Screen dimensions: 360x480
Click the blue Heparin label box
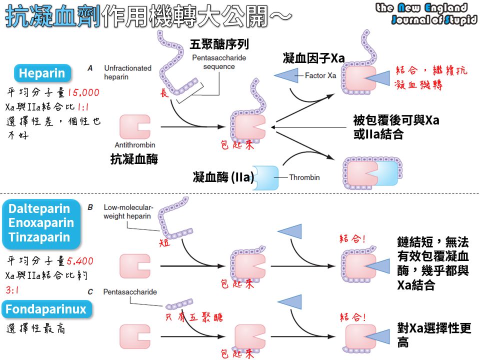click(42, 74)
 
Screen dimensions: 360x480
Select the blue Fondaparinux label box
click(46, 309)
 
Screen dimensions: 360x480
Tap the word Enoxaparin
click(41, 223)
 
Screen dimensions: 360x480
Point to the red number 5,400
click(79, 261)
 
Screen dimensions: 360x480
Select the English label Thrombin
click(304, 177)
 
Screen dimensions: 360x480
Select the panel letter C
click(90, 292)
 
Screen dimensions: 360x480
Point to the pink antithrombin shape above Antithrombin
click(134, 126)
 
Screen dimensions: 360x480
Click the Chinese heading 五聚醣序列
click(219, 44)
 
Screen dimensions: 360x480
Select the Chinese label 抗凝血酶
click(134, 159)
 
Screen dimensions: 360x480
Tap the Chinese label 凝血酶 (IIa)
click(223, 177)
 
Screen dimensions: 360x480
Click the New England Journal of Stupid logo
click(426, 13)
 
